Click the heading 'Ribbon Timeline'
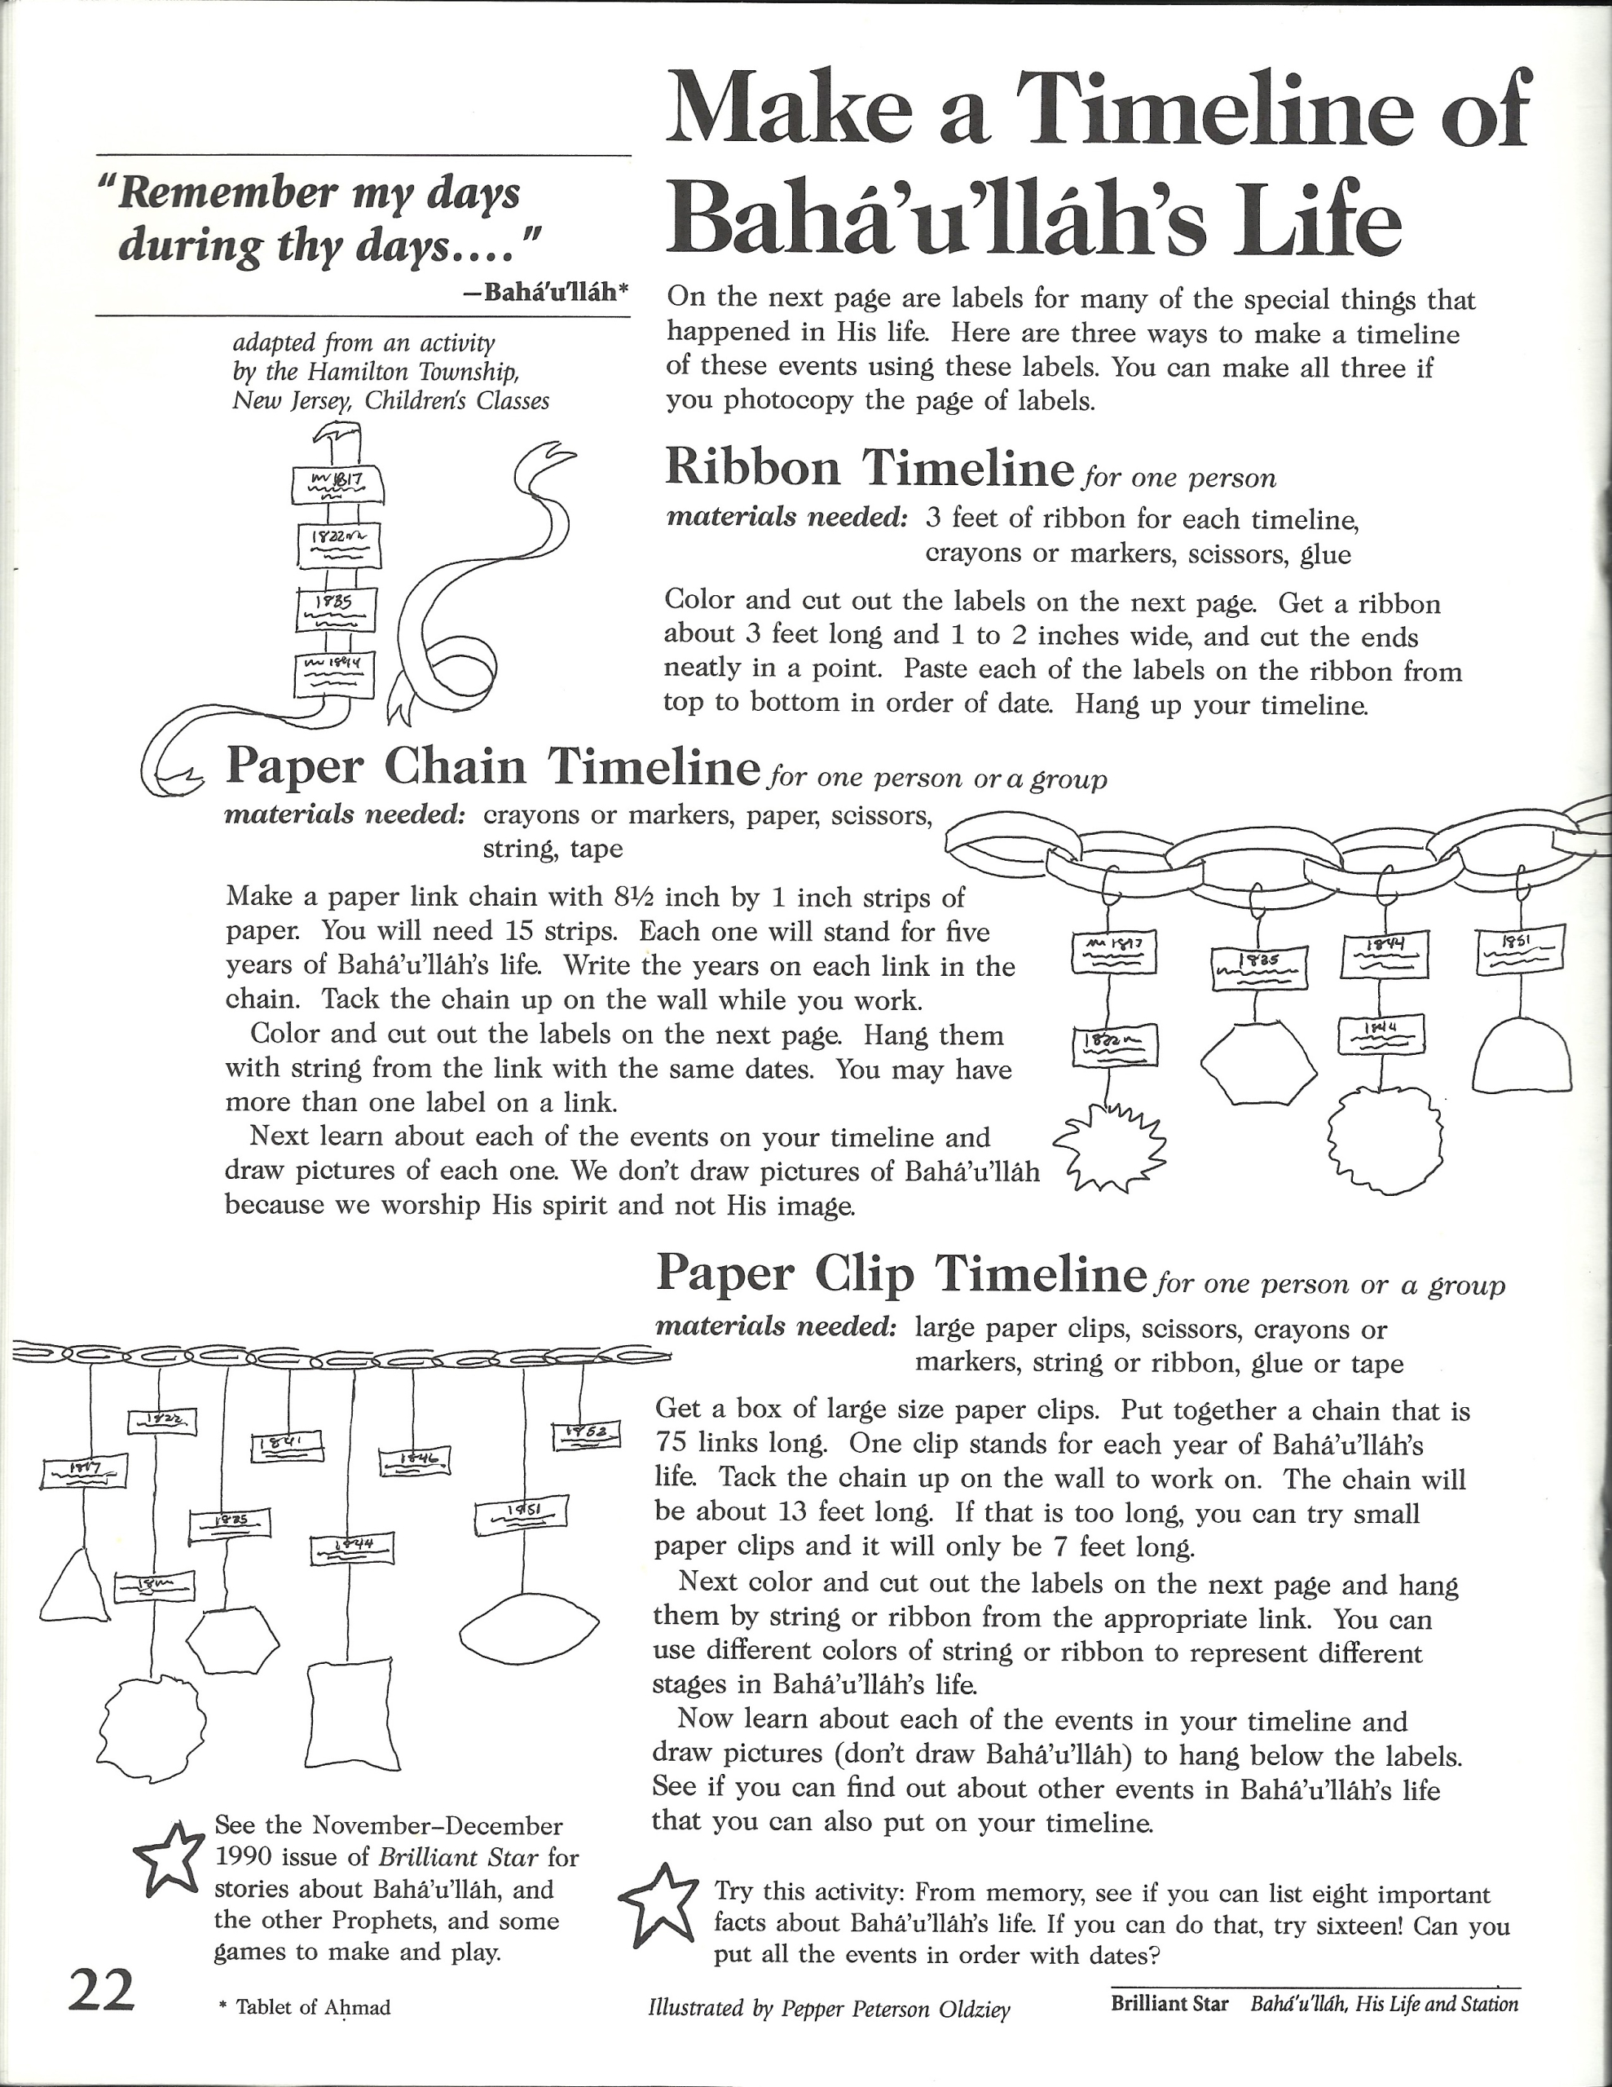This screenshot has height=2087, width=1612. coord(870,468)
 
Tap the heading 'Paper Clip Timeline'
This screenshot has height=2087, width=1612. coord(901,1273)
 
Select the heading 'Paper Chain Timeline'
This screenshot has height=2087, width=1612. coord(492,767)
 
